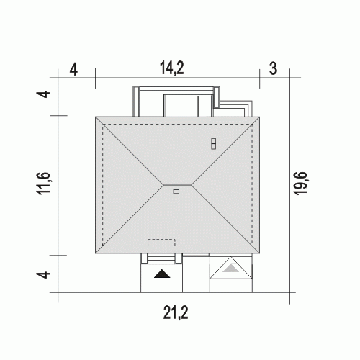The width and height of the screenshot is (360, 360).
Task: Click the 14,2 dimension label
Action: pyautogui.click(x=172, y=68)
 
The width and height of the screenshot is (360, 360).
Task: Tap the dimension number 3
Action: pyautogui.click(x=273, y=68)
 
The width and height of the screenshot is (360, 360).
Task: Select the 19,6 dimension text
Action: pyautogui.click(x=300, y=184)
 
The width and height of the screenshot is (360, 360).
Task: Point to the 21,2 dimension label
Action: pyautogui.click(x=176, y=312)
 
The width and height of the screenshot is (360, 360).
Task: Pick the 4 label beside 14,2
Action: pyautogui.click(x=73, y=71)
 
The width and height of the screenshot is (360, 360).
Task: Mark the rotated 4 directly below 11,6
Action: pyautogui.click(x=43, y=274)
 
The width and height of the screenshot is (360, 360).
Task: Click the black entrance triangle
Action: pyautogui.click(x=162, y=274)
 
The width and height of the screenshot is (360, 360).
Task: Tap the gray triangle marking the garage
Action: pyautogui.click(x=231, y=268)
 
